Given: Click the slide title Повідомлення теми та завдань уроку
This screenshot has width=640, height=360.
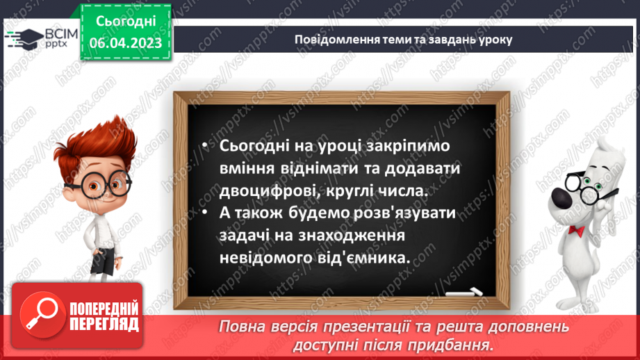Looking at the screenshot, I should (403, 40).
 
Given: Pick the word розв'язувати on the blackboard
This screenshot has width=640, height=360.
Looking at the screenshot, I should (404, 213).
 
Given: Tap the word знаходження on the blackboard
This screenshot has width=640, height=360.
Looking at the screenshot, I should (347, 235).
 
